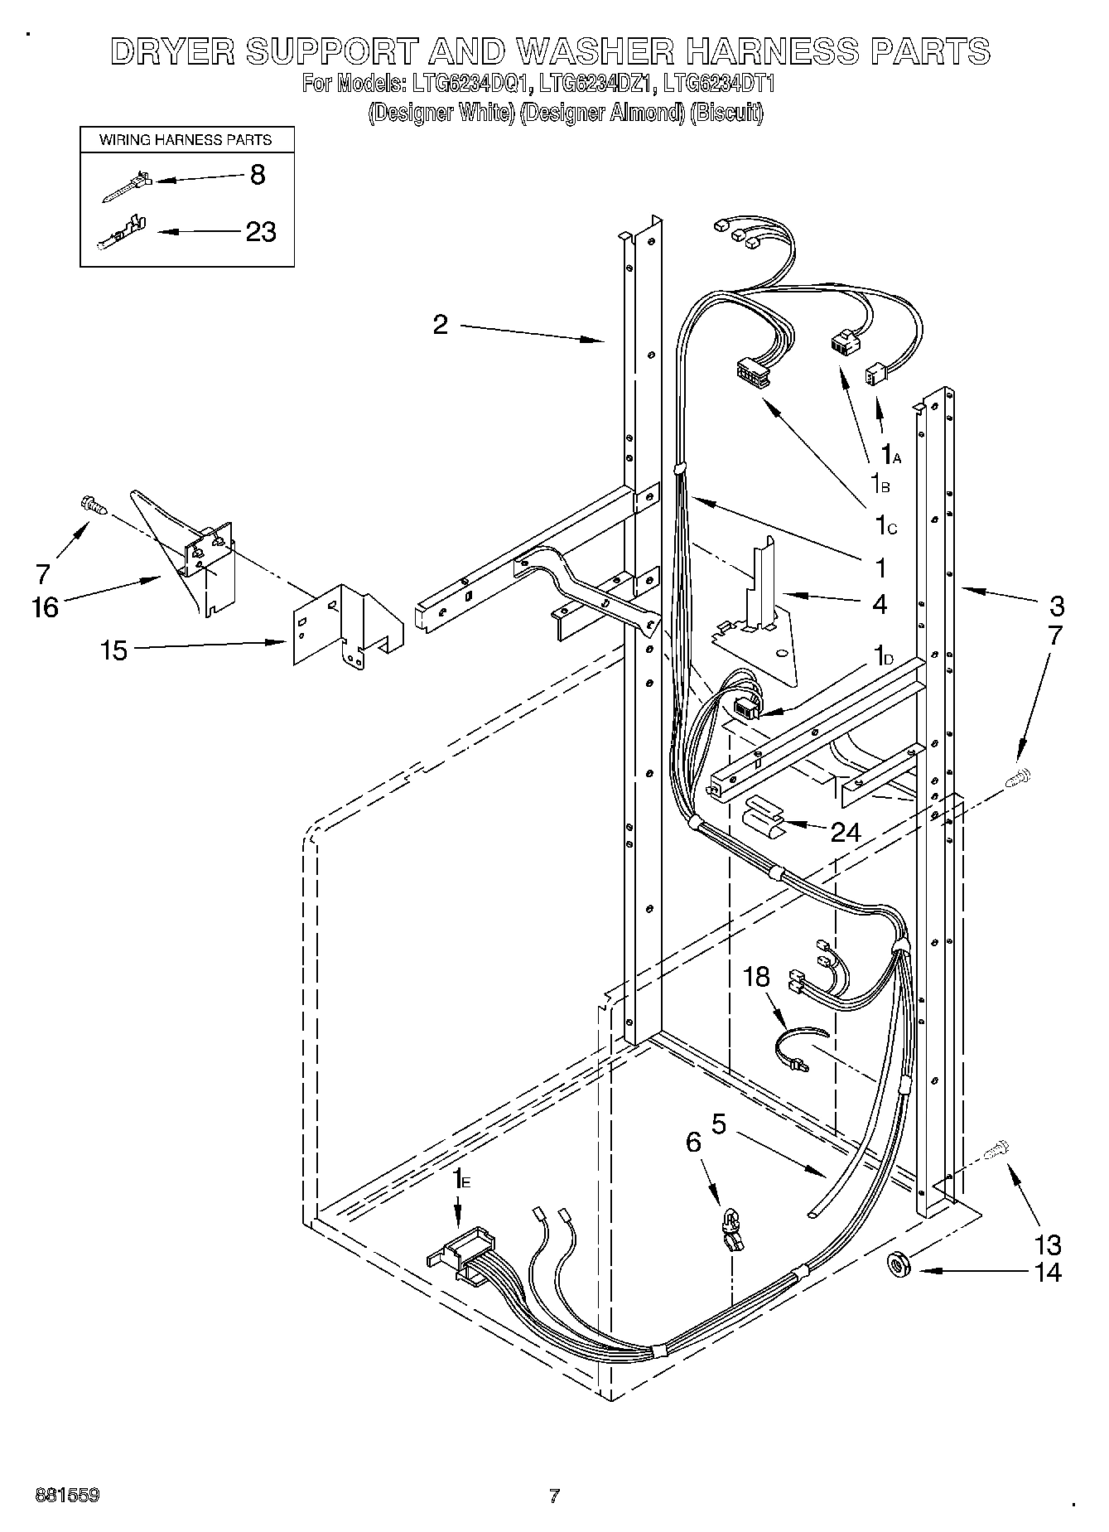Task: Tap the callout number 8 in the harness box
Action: pos(258,175)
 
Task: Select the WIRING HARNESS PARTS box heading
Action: pos(186,140)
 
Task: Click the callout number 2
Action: pos(440,324)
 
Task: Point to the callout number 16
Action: pos(46,607)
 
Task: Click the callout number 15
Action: pos(114,650)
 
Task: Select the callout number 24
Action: pos(846,831)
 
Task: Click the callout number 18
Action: pos(756,978)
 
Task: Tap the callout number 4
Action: pos(879,604)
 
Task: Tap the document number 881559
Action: pos(67,1496)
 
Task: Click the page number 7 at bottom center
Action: pos(554,1496)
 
